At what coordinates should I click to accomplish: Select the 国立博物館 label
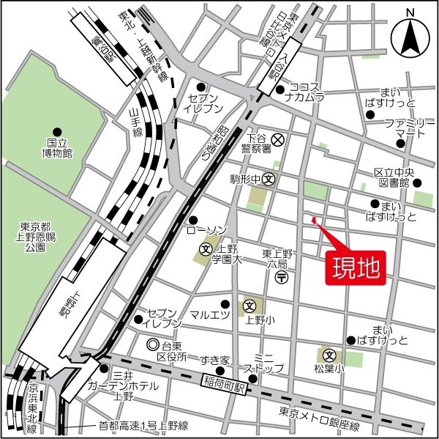[57, 147]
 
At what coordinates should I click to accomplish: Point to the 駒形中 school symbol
[269, 178]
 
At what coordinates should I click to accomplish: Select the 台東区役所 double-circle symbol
[153, 344]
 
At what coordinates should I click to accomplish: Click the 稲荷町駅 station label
[227, 383]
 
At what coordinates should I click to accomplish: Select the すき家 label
[216, 360]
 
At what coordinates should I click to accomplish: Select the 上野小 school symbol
[249, 306]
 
